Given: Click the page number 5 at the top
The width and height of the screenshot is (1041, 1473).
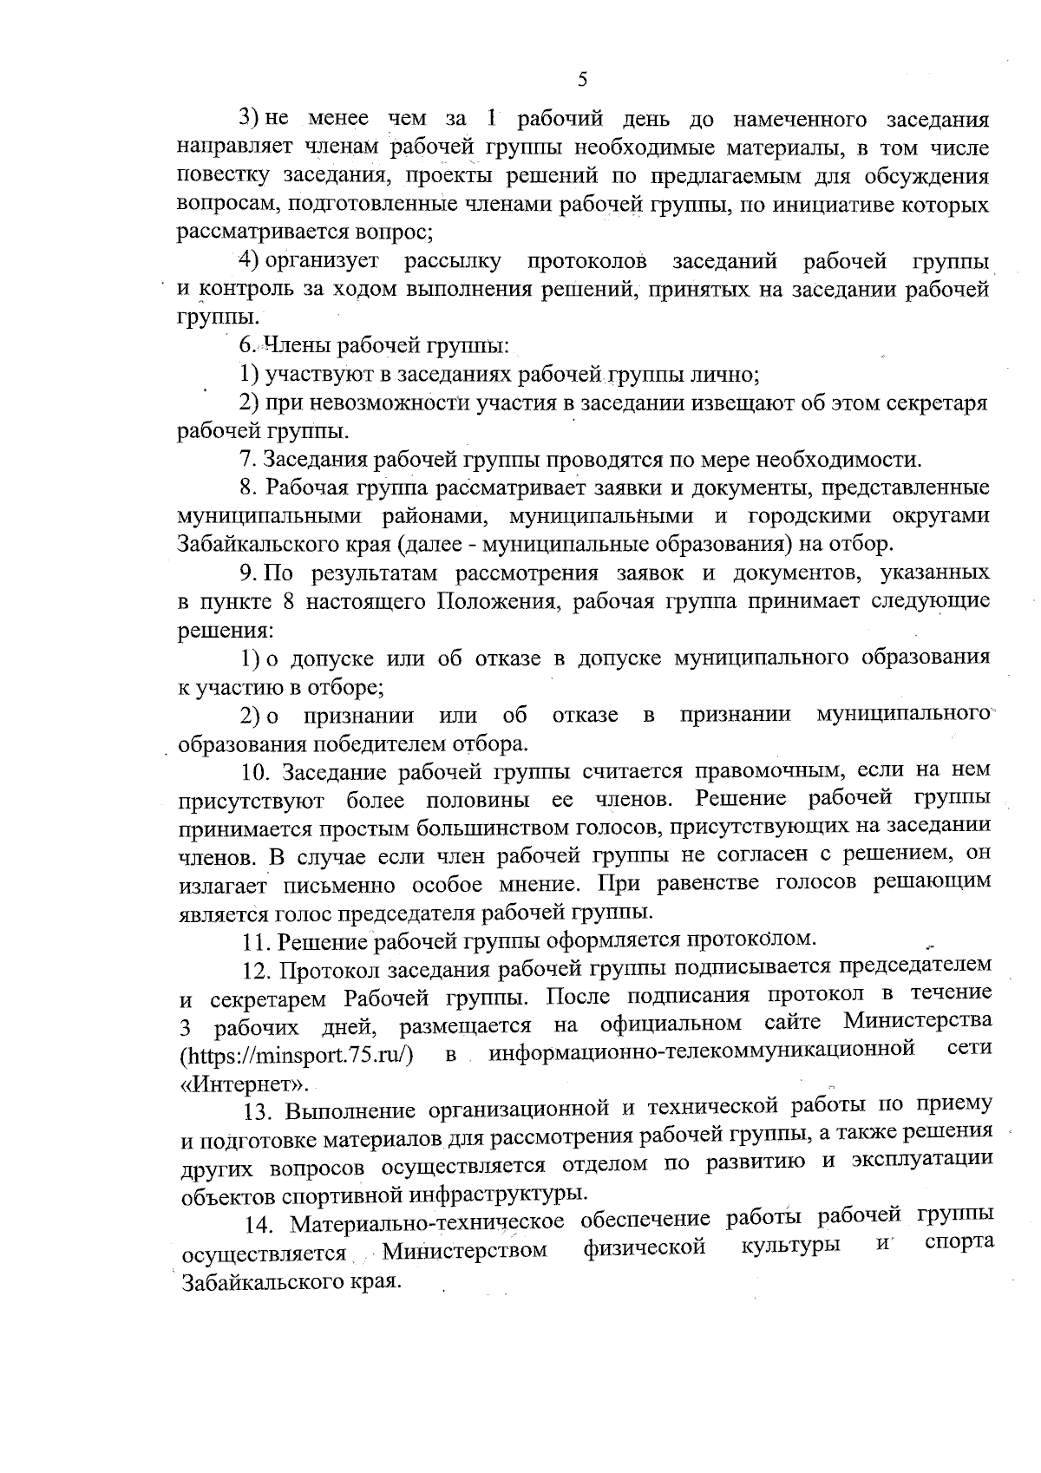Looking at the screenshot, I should [x=582, y=80].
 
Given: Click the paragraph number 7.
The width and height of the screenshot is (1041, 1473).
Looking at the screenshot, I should [x=246, y=459].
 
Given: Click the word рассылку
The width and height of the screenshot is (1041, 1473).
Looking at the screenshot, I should [x=452, y=261].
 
